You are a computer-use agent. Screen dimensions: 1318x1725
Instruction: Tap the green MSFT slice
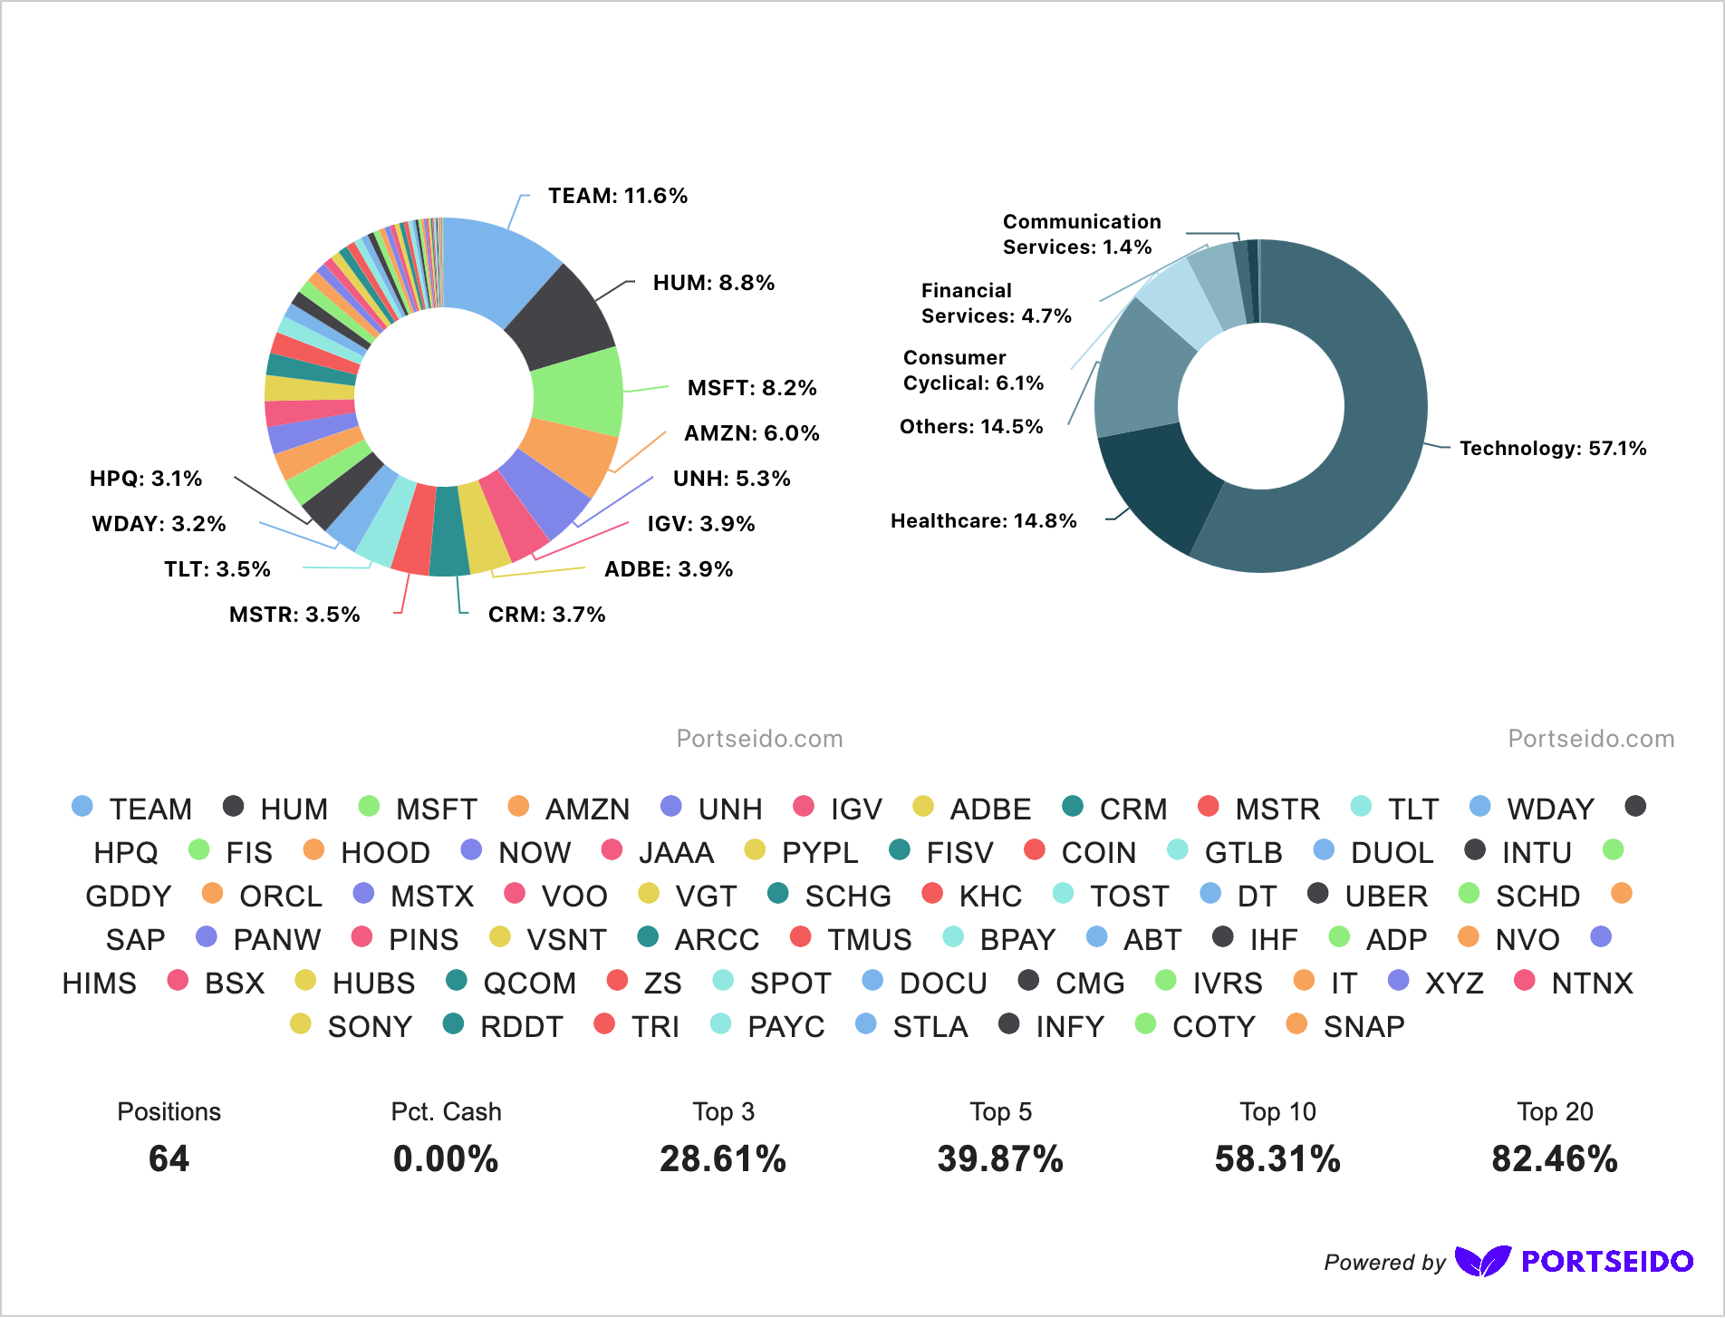pos(577,392)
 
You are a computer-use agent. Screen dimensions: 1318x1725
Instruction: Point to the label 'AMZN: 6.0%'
pos(751,433)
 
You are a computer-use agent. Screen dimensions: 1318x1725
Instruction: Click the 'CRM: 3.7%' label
pos(546,615)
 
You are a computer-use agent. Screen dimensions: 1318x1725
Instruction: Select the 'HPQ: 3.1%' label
pos(146,479)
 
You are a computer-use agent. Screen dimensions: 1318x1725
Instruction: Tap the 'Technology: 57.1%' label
pos(1552,449)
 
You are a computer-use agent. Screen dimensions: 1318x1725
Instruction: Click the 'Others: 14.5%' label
pos(971,427)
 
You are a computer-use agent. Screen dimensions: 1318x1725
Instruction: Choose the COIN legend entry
pos(1098,853)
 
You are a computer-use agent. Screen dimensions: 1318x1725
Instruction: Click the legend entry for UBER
pos(1386,896)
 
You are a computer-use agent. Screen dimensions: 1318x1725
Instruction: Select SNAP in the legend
pos(1364,1027)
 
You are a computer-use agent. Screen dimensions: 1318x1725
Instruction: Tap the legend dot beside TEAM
pos(82,807)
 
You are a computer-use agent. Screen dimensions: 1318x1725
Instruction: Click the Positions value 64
pos(169,1159)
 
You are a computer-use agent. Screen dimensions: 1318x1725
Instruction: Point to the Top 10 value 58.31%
pos(1277,1159)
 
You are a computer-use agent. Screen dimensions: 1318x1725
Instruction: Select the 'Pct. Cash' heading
pos(446,1112)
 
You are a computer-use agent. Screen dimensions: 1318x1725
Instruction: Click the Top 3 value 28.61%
pos(723,1159)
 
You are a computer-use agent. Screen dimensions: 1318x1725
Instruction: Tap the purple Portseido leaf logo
pos(1482,1261)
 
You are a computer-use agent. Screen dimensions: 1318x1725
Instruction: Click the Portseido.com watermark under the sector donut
pos(1590,739)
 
